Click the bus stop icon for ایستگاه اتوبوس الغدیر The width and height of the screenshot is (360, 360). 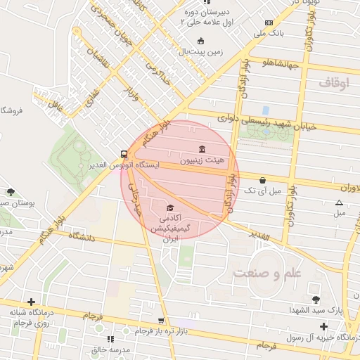[124, 153]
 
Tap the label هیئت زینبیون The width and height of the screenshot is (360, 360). [202, 160]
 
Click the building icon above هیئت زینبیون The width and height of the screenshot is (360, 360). [202, 149]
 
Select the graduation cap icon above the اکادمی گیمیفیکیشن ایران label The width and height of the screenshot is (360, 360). [169, 207]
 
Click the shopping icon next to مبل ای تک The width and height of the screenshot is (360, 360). [263, 180]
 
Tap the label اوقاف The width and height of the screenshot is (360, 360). [333, 83]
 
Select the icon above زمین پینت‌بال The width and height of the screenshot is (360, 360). [201, 41]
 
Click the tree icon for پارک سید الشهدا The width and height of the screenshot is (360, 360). [314, 300]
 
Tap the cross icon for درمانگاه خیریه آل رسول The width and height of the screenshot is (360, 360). [323, 326]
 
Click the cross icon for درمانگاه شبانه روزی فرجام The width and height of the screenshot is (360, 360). [30, 302]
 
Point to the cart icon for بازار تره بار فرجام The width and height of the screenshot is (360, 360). [161, 321]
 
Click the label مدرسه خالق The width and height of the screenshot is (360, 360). [108, 349]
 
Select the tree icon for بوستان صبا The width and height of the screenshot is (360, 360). [11, 191]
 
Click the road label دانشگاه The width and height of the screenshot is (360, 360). [82, 238]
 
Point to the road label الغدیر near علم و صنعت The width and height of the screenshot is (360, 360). [258, 237]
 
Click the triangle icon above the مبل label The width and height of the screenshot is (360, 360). [340, 202]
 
